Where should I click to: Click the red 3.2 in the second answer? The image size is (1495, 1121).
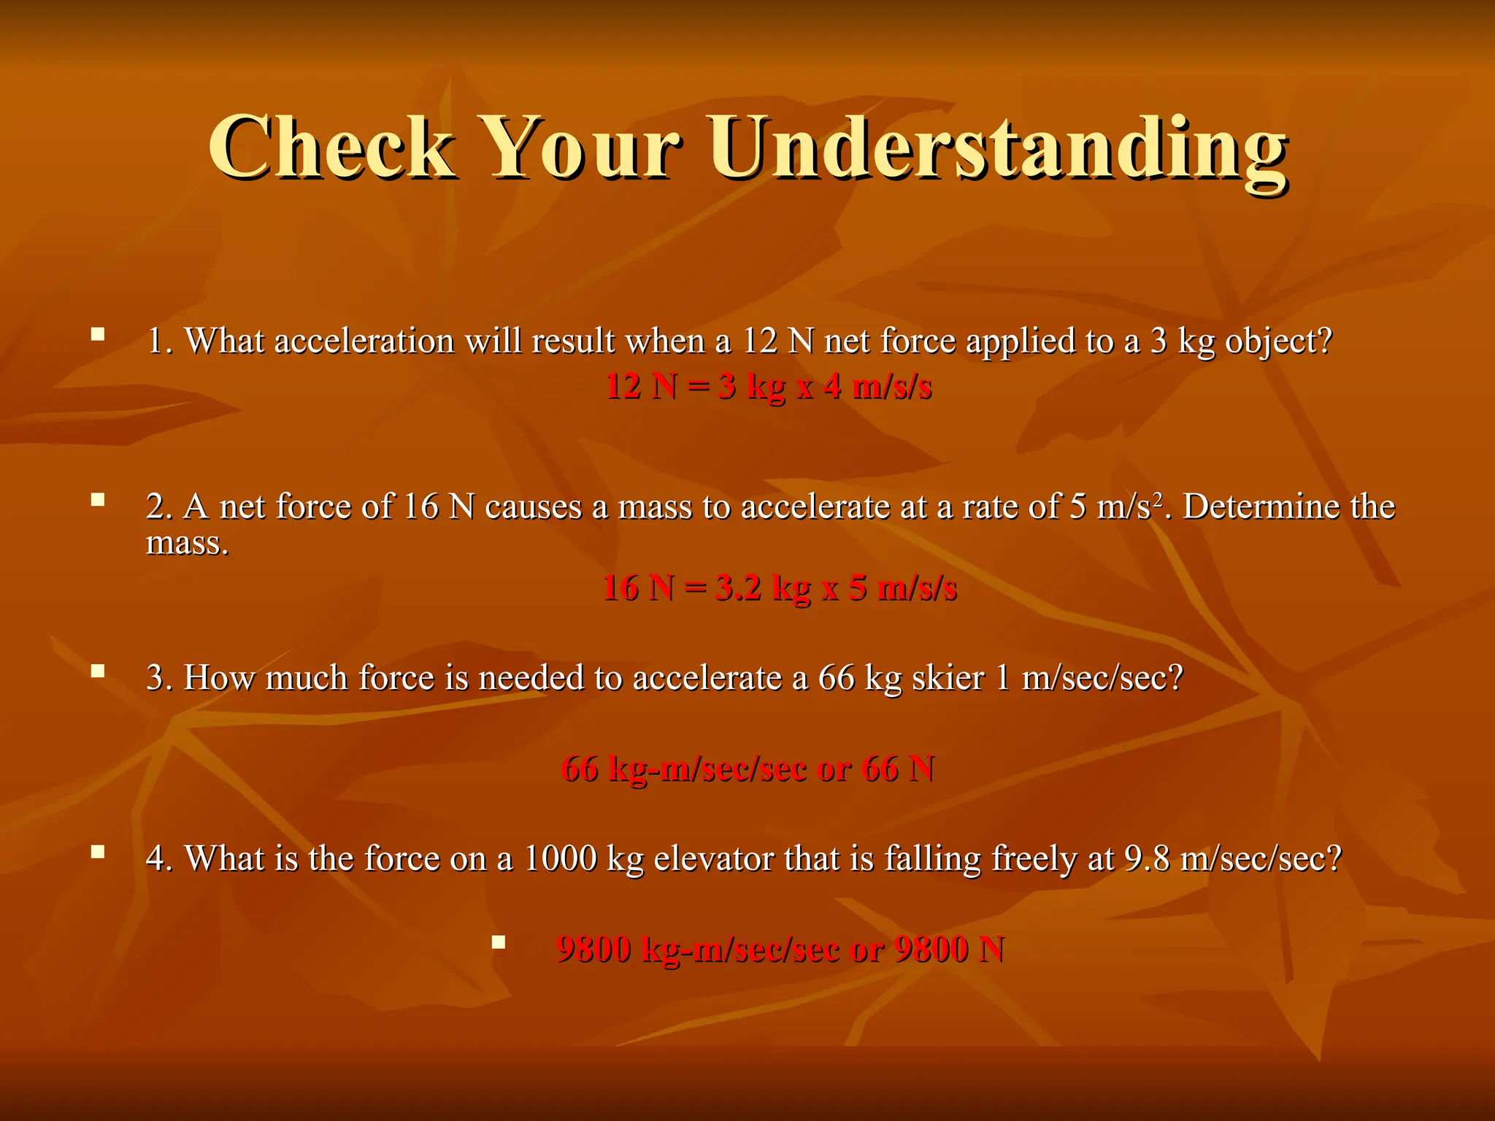pyautogui.click(x=738, y=588)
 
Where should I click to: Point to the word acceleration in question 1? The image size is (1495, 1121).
pyautogui.click(x=364, y=341)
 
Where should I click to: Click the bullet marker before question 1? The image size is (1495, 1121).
pyautogui.click(x=97, y=335)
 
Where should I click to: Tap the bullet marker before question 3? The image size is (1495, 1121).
pyautogui.click(x=97, y=671)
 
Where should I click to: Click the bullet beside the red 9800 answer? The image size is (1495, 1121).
pyautogui.click(x=499, y=941)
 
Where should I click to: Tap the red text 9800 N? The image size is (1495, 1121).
pyautogui.click(x=949, y=949)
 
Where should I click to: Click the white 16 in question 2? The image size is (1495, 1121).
pyautogui.click(x=420, y=506)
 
